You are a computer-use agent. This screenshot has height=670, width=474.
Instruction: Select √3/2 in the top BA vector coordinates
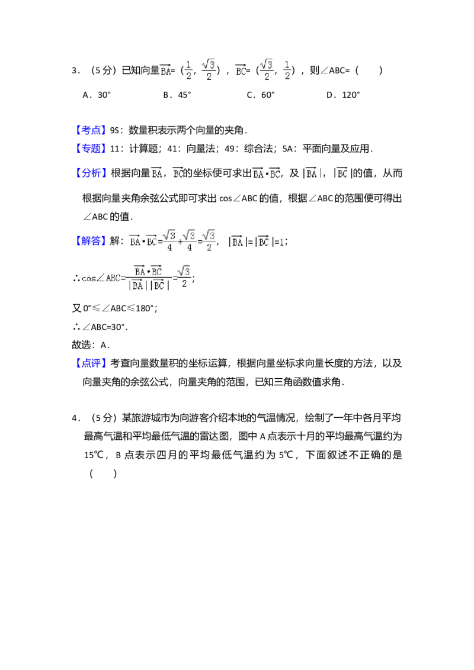pyautogui.click(x=209, y=70)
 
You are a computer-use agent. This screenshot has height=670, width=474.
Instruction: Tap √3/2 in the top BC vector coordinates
pyautogui.click(x=265, y=70)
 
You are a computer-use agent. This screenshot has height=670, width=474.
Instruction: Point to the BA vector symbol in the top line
pyautogui.click(x=165, y=70)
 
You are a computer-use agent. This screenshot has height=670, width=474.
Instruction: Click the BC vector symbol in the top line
pyautogui.click(x=240, y=70)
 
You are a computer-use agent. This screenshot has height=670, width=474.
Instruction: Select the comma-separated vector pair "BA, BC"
pyautogui.click(x=166, y=173)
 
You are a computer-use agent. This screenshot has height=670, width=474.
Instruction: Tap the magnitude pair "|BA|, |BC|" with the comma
pyautogui.click(x=327, y=173)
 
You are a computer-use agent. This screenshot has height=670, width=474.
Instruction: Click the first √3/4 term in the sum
pyautogui.click(x=169, y=241)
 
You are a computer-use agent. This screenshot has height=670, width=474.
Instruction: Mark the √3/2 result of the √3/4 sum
pyautogui.click(x=209, y=241)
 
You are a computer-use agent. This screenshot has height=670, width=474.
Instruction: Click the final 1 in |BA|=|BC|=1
pyautogui.click(x=281, y=242)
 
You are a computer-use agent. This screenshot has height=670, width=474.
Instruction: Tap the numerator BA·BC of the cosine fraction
pyautogui.click(x=148, y=270)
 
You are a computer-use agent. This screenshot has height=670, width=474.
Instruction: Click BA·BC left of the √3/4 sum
pyautogui.click(x=143, y=241)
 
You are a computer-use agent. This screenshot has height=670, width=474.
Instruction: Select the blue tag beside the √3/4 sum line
pyautogui.click(x=91, y=240)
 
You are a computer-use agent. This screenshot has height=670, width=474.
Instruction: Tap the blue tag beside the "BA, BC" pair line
pyautogui.click(x=91, y=173)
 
